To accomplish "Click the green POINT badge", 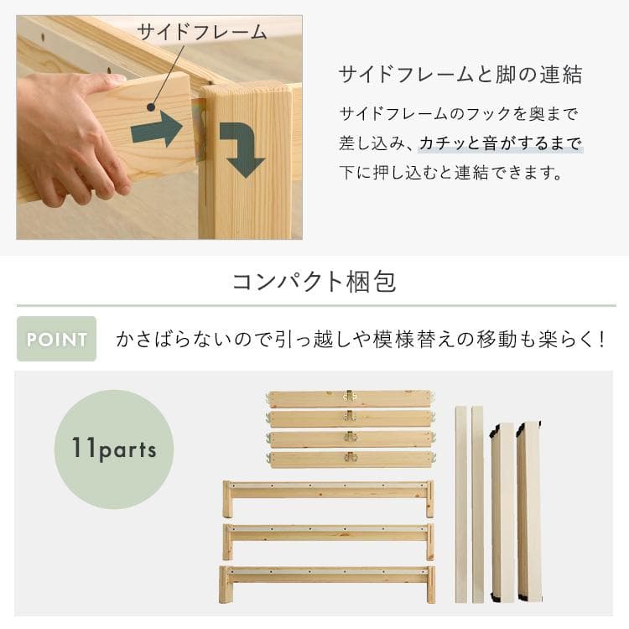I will [x=56, y=340].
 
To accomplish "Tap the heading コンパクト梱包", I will [x=314, y=281].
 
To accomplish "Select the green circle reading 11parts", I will [x=114, y=449].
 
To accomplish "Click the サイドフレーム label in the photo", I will [x=201, y=33].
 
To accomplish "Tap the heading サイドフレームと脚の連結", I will [x=460, y=75].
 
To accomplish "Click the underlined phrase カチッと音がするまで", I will [x=501, y=144].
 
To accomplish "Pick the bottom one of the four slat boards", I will [x=350, y=459].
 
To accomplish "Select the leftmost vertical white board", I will [x=461, y=503].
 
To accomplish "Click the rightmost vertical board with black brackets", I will [x=528, y=512].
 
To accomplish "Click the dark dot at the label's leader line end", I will [x=151, y=108].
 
